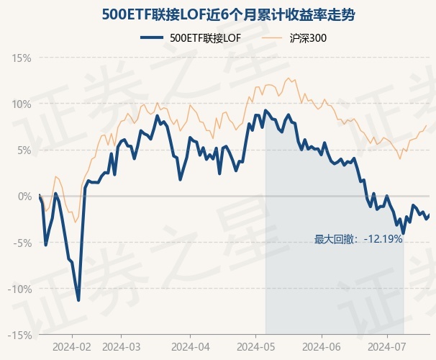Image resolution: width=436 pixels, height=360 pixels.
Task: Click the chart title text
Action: click(217, 14)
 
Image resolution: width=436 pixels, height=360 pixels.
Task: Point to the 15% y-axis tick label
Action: click(22, 58)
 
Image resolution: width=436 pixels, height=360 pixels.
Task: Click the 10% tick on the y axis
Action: click(22, 104)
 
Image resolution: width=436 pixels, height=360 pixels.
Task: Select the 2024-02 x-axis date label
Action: click(72, 346)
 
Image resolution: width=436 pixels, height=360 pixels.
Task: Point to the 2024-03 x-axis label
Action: click(121, 346)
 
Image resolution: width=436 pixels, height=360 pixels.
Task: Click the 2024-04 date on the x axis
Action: click(189, 346)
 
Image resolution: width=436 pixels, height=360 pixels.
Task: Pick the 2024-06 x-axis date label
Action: click(322, 346)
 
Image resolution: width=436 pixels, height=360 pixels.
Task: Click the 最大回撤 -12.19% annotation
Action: click(358, 239)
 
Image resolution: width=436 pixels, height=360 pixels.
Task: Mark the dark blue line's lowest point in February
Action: click(78, 300)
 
